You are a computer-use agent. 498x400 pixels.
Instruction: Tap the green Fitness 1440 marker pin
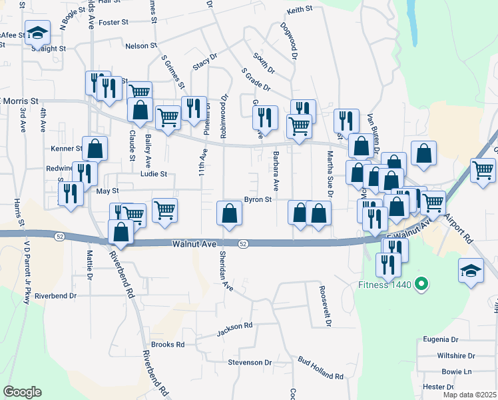[420, 285]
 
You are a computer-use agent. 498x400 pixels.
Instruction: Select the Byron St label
[258, 199]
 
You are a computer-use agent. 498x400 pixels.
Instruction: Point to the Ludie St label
[153, 174]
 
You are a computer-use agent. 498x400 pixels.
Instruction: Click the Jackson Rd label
[235, 326]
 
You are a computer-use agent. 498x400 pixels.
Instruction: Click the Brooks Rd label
[167, 345]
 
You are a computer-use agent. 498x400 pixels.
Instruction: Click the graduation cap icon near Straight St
[38, 32]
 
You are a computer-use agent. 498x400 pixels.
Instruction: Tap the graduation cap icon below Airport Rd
[471, 270]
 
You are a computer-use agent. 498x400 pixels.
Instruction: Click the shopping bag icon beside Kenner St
[95, 149]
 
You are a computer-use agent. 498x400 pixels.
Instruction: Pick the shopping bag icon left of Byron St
[230, 213]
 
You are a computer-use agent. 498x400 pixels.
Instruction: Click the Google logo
[23, 392]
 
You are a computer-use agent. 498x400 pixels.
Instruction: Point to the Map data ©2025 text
[469, 395]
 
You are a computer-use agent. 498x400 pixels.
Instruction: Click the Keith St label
[300, 10]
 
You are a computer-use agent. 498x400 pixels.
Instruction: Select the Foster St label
[113, 22]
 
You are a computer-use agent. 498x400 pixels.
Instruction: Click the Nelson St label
[141, 46]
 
